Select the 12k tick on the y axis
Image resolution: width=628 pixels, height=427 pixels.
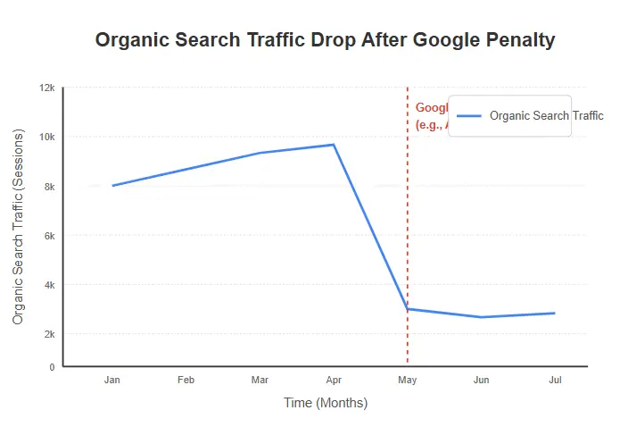tap(46, 88)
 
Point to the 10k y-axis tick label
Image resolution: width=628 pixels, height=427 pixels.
tap(46, 137)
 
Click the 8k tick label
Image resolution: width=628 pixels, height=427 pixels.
tap(49, 186)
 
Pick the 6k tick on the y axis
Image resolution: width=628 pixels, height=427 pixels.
tap(49, 235)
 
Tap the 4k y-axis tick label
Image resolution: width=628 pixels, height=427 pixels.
tap(49, 285)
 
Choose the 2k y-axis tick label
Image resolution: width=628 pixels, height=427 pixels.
tap(49, 333)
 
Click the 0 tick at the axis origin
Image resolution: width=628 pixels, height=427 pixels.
tap(52, 366)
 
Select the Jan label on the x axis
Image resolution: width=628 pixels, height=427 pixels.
tap(112, 381)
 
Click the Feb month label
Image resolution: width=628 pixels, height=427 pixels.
tap(186, 381)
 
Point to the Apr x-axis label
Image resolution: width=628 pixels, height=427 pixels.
tap(334, 381)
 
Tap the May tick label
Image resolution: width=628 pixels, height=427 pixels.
tap(408, 381)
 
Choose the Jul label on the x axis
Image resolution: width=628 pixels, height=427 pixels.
tap(555, 381)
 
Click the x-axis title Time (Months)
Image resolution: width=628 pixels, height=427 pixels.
tap(326, 403)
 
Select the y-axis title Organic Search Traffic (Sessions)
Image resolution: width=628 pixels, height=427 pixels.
tap(19, 226)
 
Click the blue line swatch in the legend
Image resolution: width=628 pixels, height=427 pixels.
tap(469, 116)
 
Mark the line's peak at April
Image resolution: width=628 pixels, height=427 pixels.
tap(334, 145)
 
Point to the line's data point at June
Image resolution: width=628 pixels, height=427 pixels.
tap(482, 317)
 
